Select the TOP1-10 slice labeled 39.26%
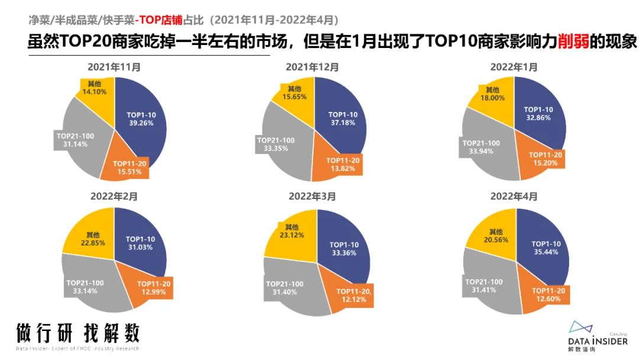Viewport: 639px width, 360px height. point(141,118)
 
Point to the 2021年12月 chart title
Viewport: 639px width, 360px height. point(312,67)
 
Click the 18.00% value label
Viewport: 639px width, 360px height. point(493,98)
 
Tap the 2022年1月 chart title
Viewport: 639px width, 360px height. point(514,67)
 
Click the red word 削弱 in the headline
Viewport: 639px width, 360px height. point(572,42)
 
